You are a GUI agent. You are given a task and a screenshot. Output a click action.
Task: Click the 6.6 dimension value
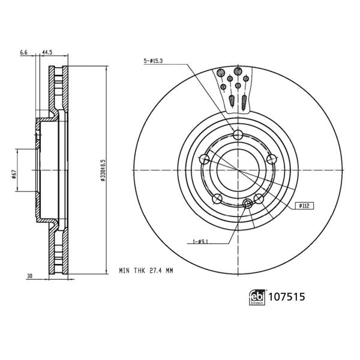tap(24, 53)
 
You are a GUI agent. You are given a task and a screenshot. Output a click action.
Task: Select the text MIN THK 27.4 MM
tap(145, 271)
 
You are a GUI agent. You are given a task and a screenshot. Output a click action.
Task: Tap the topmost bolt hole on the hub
tap(238, 134)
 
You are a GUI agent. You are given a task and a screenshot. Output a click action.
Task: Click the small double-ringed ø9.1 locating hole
tap(248, 205)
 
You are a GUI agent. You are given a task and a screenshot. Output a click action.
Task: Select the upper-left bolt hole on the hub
tap(205, 159)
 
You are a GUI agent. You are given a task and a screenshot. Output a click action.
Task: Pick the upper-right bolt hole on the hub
tap(272, 159)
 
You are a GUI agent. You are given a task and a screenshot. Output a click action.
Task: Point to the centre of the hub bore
tap(238, 170)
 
